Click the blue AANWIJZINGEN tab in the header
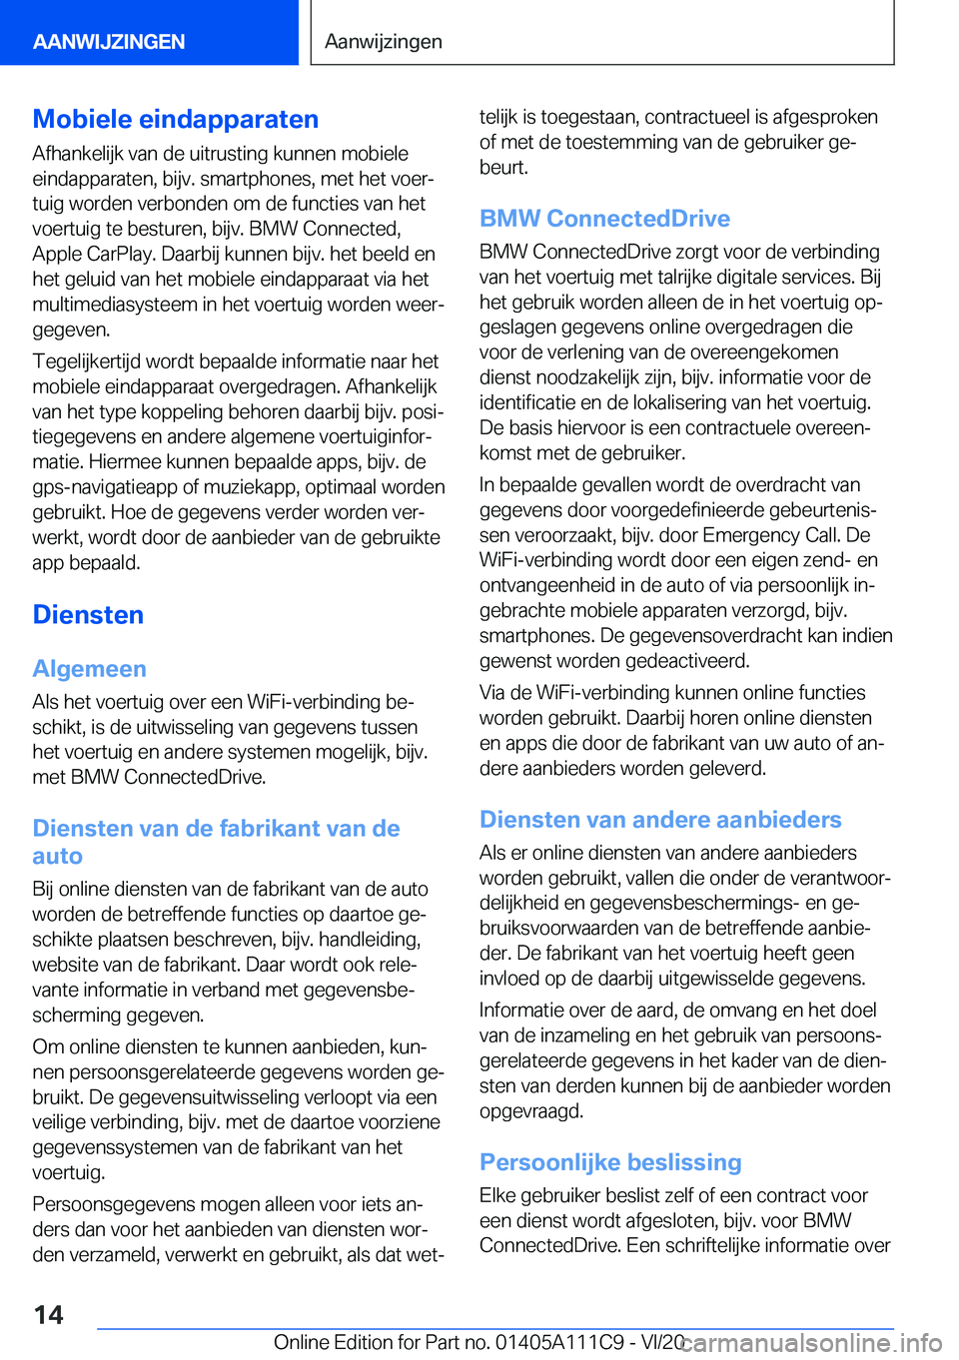coord(109,42)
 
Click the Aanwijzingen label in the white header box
coord(384,42)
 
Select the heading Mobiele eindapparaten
coord(176,119)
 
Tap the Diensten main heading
coord(88,615)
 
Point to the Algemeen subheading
coord(90,669)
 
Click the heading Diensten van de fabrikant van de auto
coord(216,842)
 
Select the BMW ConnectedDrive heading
coord(604,219)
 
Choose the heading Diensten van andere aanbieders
coord(660,820)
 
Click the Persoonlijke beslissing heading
coord(610,1162)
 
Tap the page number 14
coord(48,1315)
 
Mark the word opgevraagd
coord(531,1111)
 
